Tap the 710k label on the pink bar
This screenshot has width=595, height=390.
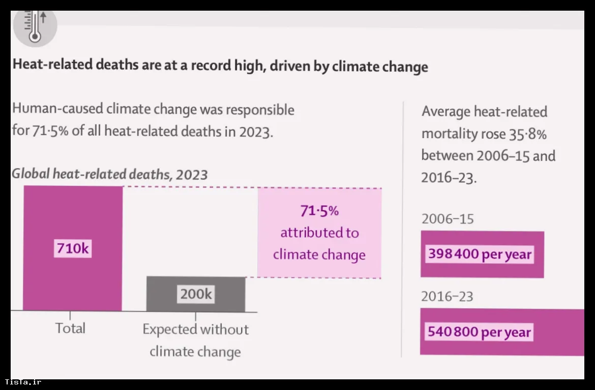73,248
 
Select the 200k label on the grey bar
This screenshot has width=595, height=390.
196,294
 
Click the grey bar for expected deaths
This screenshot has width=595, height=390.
196,294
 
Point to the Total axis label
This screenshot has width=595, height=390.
70,328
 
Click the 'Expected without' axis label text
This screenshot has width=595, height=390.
195,330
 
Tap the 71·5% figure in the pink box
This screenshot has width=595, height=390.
319,211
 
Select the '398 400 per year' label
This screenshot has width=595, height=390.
480,254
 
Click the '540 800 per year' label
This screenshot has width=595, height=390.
479,332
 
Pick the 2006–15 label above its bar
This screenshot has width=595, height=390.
448,219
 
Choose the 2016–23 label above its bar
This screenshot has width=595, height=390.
448,296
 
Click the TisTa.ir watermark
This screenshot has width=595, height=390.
23,382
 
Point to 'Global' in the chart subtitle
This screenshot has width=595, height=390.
31,174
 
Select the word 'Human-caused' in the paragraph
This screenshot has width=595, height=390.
57,109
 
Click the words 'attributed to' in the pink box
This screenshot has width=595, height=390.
319,233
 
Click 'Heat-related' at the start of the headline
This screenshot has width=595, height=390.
52,64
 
